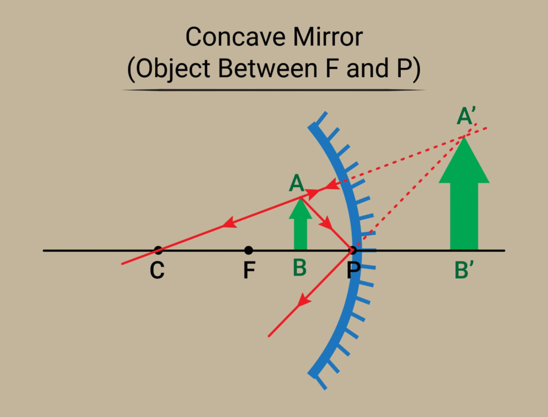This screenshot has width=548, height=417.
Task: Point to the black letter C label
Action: [157, 271]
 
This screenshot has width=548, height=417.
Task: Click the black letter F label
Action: [249, 271]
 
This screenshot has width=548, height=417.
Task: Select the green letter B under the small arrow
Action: [300, 269]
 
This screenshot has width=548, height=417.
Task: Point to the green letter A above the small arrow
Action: [296, 184]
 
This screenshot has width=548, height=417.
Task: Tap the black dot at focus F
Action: [248, 250]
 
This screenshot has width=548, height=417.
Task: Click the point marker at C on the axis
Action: [157, 250]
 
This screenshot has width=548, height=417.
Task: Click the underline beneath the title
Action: [274, 90]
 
